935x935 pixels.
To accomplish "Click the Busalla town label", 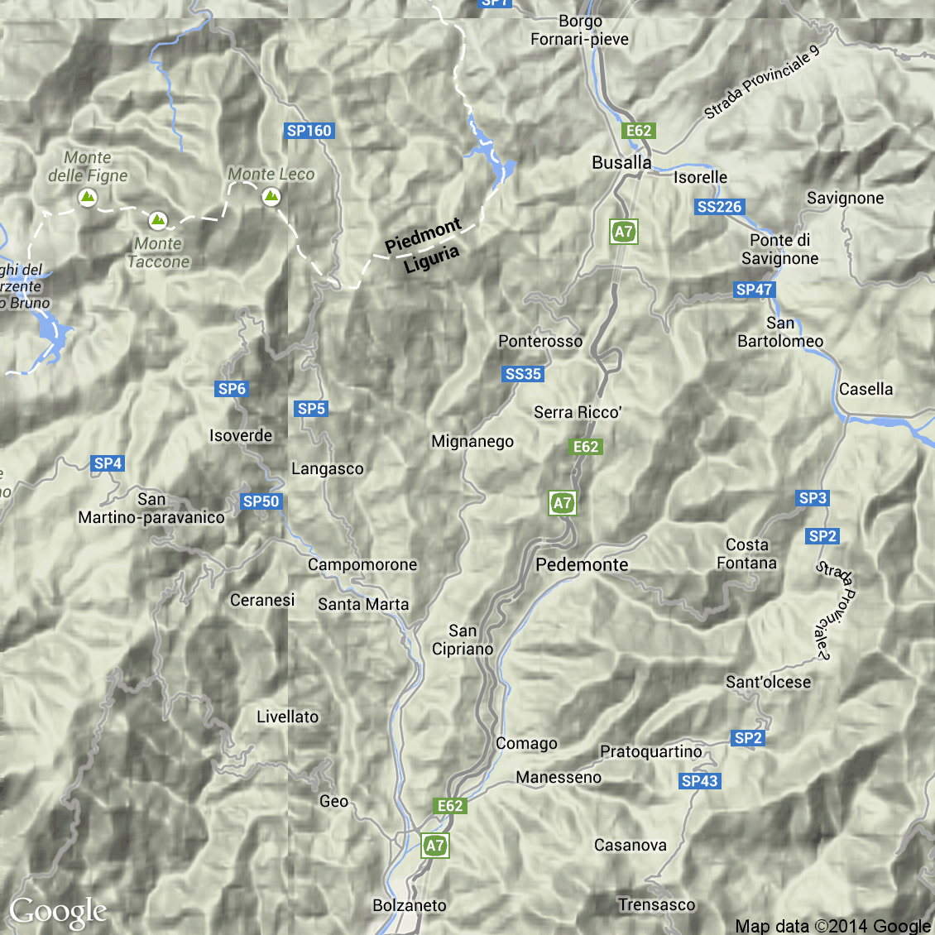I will [621, 163].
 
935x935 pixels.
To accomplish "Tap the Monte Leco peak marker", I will [271, 197].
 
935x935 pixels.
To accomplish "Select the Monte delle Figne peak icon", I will [87, 197].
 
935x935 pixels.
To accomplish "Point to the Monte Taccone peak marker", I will [158, 220].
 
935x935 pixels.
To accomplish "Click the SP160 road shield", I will [309, 131].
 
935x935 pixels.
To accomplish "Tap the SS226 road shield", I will [720, 207].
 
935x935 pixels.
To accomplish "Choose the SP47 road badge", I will [754, 290].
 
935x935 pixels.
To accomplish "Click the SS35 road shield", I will [523, 374].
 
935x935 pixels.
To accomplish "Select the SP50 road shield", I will [261, 501].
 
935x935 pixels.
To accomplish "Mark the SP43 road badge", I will [700, 781].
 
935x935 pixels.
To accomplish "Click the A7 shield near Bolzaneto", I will [435, 846].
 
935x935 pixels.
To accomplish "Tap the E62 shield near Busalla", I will [639, 131].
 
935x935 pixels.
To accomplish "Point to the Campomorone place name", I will [362, 565].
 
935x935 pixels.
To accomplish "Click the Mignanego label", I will [472, 442].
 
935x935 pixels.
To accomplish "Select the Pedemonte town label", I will [583, 565].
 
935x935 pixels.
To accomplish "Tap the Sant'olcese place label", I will [768, 683].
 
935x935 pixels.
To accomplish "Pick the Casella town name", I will [865, 390].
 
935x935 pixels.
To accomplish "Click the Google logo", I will [58, 912].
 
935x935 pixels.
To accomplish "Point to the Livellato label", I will [287, 717].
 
